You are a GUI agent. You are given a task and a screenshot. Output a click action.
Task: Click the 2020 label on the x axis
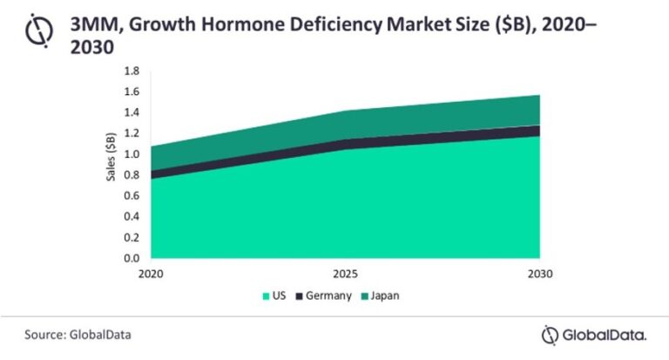(151, 274)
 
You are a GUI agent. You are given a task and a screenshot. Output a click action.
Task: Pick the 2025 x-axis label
(345, 274)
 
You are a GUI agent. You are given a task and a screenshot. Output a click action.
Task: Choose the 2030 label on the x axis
(539, 274)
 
